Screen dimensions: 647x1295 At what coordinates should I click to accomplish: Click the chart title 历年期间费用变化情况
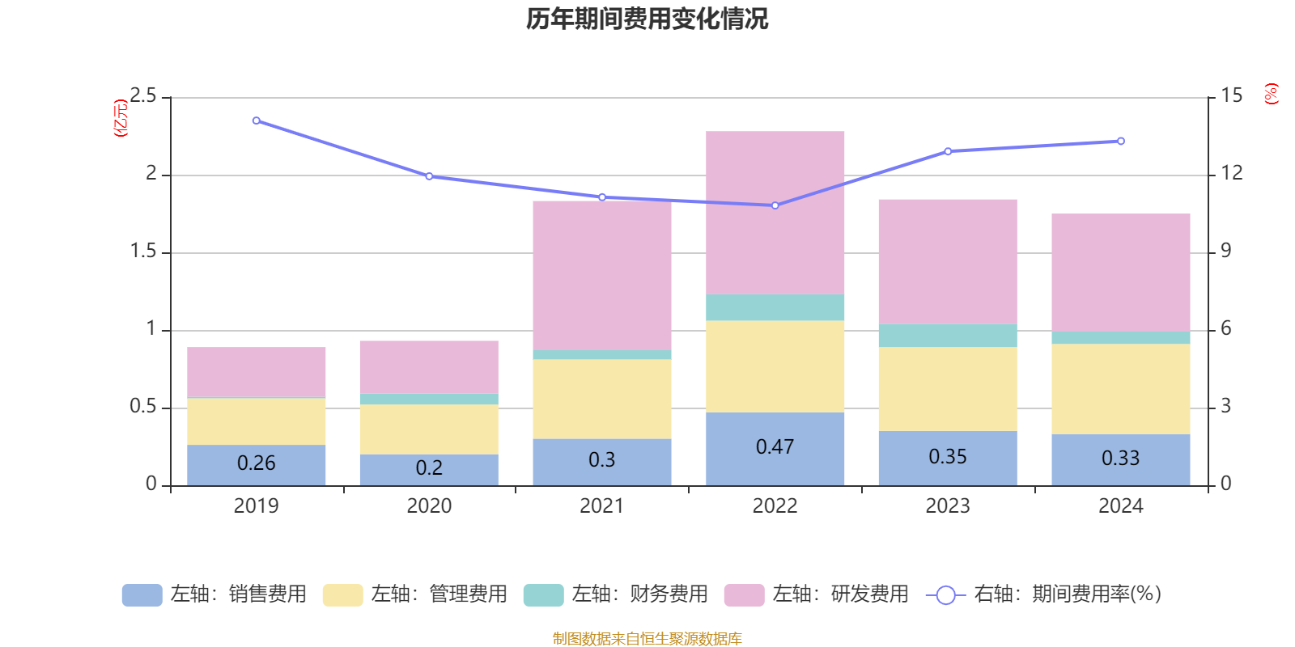coord(647,19)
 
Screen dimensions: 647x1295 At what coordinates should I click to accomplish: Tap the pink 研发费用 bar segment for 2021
coord(601,275)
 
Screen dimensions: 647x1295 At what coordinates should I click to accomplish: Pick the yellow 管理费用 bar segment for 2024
coord(1120,389)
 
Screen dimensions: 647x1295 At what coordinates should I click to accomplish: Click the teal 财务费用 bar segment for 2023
coord(947,336)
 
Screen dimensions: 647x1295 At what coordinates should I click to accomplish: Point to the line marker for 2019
coord(257,121)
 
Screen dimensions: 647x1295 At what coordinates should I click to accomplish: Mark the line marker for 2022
coord(775,205)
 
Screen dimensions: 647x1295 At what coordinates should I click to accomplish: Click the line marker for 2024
coord(1120,141)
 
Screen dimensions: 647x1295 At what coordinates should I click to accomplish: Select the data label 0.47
coord(775,446)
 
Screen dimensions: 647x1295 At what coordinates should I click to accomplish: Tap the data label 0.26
coord(257,463)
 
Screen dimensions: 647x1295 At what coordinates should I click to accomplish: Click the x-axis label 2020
coord(429,506)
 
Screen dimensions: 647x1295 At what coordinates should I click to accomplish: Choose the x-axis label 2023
coord(947,506)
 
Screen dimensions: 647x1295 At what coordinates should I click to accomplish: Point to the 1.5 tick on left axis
coord(143,252)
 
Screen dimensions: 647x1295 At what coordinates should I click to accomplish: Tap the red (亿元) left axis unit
coord(121,118)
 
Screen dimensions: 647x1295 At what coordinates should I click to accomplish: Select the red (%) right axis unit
coord(1271,94)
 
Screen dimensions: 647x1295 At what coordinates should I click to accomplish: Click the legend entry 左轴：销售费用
coord(214,594)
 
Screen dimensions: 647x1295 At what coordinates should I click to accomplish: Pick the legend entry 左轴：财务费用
coord(616,594)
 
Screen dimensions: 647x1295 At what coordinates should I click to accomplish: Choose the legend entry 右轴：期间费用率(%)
coord(1044,594)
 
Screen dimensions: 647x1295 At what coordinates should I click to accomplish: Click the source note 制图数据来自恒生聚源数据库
coord(647,639)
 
